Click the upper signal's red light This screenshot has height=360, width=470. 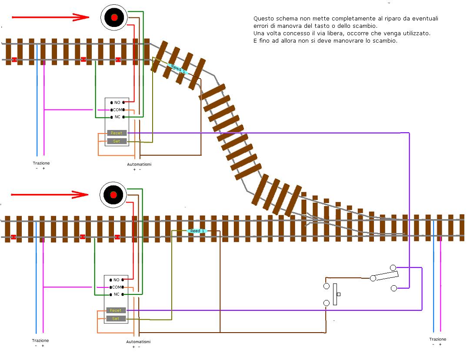[x=114, y=17]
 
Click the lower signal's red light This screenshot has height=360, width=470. [x=113, y=195]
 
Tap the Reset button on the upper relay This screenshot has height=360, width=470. [x=117, y=133]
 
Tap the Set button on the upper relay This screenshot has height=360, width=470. [x=117, y=141]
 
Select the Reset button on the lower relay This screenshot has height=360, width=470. [x=116, y=310]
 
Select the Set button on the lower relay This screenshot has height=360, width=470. [x=116, y=319]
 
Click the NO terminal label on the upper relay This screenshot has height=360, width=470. [x=117, y=102]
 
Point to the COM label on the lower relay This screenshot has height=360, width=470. [x=117, y=287]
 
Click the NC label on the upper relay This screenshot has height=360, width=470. [x=117, y=117]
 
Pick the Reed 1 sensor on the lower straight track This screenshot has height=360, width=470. [x=197, y=231]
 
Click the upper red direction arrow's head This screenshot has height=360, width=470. [x=82, y=17]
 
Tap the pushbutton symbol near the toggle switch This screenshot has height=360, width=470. [x=335, y=294]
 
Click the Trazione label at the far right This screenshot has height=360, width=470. [x=437, y=339]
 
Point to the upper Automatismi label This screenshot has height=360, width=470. [x=139, y=164]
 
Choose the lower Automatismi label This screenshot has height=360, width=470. [x=138, y=342]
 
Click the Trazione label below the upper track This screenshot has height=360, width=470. [x=41, y=163]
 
